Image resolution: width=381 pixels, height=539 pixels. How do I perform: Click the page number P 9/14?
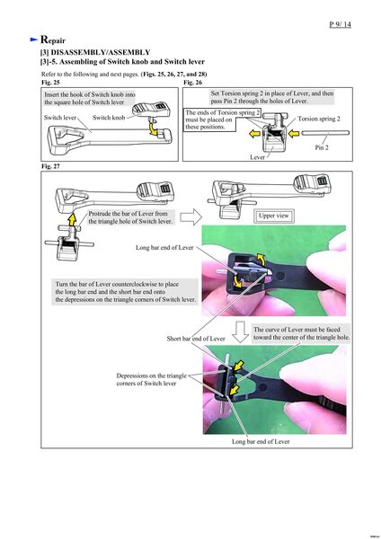pyautogui.click(x=340, y=24)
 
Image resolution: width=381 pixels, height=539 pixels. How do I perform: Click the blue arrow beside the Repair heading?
pyautogui.click(x=34, y=40)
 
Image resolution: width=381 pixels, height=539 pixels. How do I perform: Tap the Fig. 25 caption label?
pyautogui.click(x=50, y=83)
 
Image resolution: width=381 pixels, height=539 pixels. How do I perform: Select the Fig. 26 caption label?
pyautogui.click(x=192, y=83)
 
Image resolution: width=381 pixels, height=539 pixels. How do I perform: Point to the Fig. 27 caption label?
pyautogui.click(x=50, y=166)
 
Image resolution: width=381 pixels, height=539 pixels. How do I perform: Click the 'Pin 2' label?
pyautogui.click(x=322, y=147)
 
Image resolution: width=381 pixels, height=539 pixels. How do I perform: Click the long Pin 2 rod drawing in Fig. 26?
pyautogui.click(x=325, y=133)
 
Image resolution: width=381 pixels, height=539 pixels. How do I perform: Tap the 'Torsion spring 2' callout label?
pyautogui.click(x=319, y=119)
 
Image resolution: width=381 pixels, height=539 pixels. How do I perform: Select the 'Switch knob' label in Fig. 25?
pyautogui.click(x=109, y=118)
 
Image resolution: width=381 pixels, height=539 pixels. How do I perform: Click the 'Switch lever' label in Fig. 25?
pyautogui.click(x=60, y=118)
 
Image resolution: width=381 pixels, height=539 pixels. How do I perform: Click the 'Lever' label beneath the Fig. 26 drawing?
pyautogui.click(x=257, y=157)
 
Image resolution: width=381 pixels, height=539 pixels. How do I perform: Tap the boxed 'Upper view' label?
pyautogui.click(x=274, y=216)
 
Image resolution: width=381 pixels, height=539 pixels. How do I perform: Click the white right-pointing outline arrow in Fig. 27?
pyautogui.click(x=190, y=216)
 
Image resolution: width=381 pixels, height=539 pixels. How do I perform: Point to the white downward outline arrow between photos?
pyautogui.click(x=240, y=332)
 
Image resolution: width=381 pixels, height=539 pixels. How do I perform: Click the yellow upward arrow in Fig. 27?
pyautogui.click(x=72, y=219)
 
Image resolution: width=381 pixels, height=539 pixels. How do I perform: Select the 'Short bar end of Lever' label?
pyautogui.click(x=196, y=339)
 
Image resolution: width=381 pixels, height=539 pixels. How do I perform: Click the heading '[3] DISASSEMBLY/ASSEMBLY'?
pyautogui.click(x=95, y=52)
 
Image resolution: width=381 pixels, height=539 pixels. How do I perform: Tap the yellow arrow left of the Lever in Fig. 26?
pyautogui.click(x=254, y=133)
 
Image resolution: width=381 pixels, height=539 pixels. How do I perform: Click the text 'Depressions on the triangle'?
pyautogui.click(x=151, y=376)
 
